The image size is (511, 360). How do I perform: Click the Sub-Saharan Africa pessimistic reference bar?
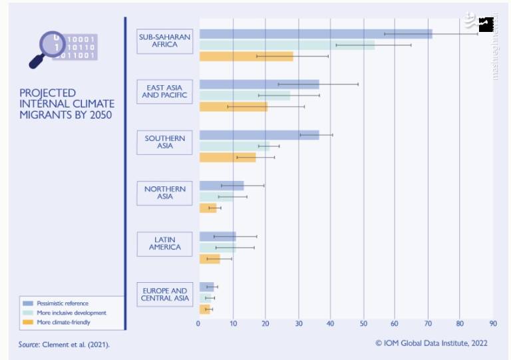(x=315, y=34)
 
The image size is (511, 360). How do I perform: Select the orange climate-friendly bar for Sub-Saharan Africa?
(x=246, y=56)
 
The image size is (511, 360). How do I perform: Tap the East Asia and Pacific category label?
(x=164, y=90)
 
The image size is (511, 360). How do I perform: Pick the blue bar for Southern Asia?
(x=259, y=135)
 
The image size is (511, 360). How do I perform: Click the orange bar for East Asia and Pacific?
(x=233, y=106)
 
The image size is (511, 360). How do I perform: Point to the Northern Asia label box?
(x=164, y=193)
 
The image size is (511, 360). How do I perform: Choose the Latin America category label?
(x=164, y=244)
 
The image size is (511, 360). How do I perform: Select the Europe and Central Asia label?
(x=164, y=295)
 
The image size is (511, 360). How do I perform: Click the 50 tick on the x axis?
(x=363, y=324)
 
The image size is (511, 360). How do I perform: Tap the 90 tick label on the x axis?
(x=493, y=324)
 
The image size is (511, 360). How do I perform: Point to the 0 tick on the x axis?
(x=198, y=324)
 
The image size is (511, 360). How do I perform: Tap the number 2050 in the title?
(x=98, y=114)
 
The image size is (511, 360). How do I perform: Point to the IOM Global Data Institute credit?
(x=431, y=343)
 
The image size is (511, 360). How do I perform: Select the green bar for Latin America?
(x=218, y=248)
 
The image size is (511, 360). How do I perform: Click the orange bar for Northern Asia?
(x=208, y=208)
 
